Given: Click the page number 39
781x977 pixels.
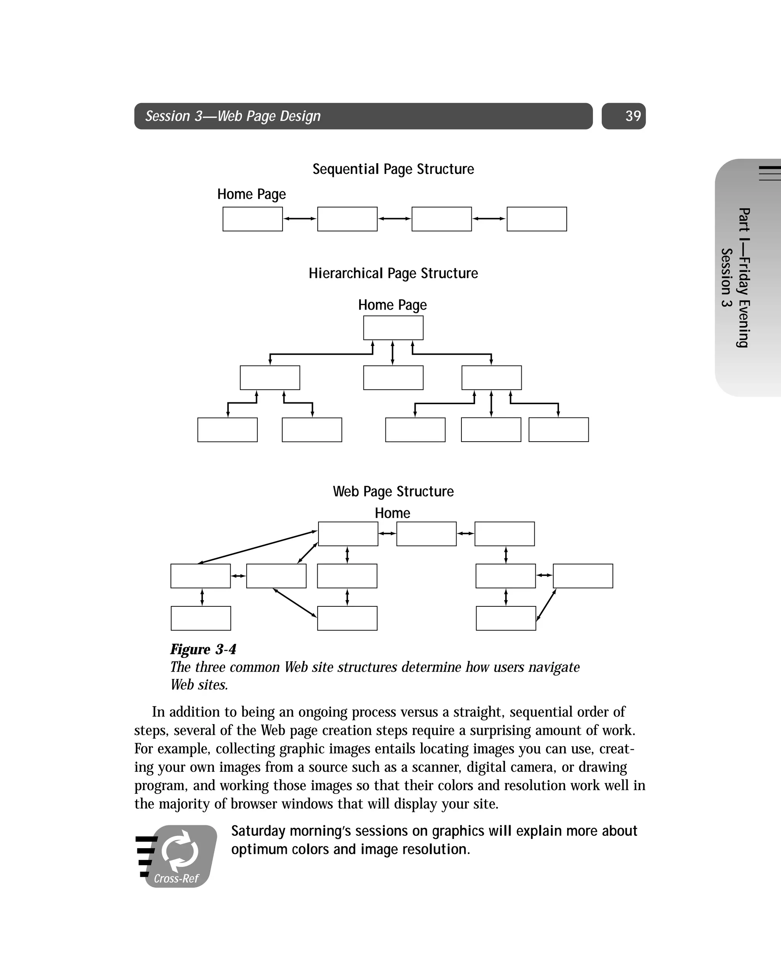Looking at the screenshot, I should click(632, 116).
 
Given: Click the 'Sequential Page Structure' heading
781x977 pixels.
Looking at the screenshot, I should click(393, 169).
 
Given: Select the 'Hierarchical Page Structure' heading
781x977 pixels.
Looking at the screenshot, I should click(393, 273).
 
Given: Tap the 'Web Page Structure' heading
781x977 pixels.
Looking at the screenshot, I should click(393, 491).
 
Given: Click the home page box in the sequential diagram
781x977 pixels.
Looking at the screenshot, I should click(252, 219).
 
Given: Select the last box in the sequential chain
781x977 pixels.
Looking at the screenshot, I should click(536, 219).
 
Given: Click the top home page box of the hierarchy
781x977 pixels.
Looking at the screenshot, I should click(393, 328).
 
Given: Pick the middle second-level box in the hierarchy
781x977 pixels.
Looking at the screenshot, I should click(393, 378).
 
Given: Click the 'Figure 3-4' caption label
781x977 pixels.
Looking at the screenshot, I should click(203, 649).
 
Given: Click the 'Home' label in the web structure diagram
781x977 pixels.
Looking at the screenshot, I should click(392, 513).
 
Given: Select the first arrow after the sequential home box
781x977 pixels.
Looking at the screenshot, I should click(300, 219).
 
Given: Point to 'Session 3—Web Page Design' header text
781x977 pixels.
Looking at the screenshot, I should click(233, 116).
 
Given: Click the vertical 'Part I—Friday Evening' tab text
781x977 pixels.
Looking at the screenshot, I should click(743, 277).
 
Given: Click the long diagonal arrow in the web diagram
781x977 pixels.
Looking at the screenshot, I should click(257, 547).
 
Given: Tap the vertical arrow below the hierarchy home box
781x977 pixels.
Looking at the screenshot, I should click(392, 353).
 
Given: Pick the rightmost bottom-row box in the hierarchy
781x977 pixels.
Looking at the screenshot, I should click(558, 430).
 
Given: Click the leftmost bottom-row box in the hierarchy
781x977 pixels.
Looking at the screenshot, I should click(227, 430).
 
